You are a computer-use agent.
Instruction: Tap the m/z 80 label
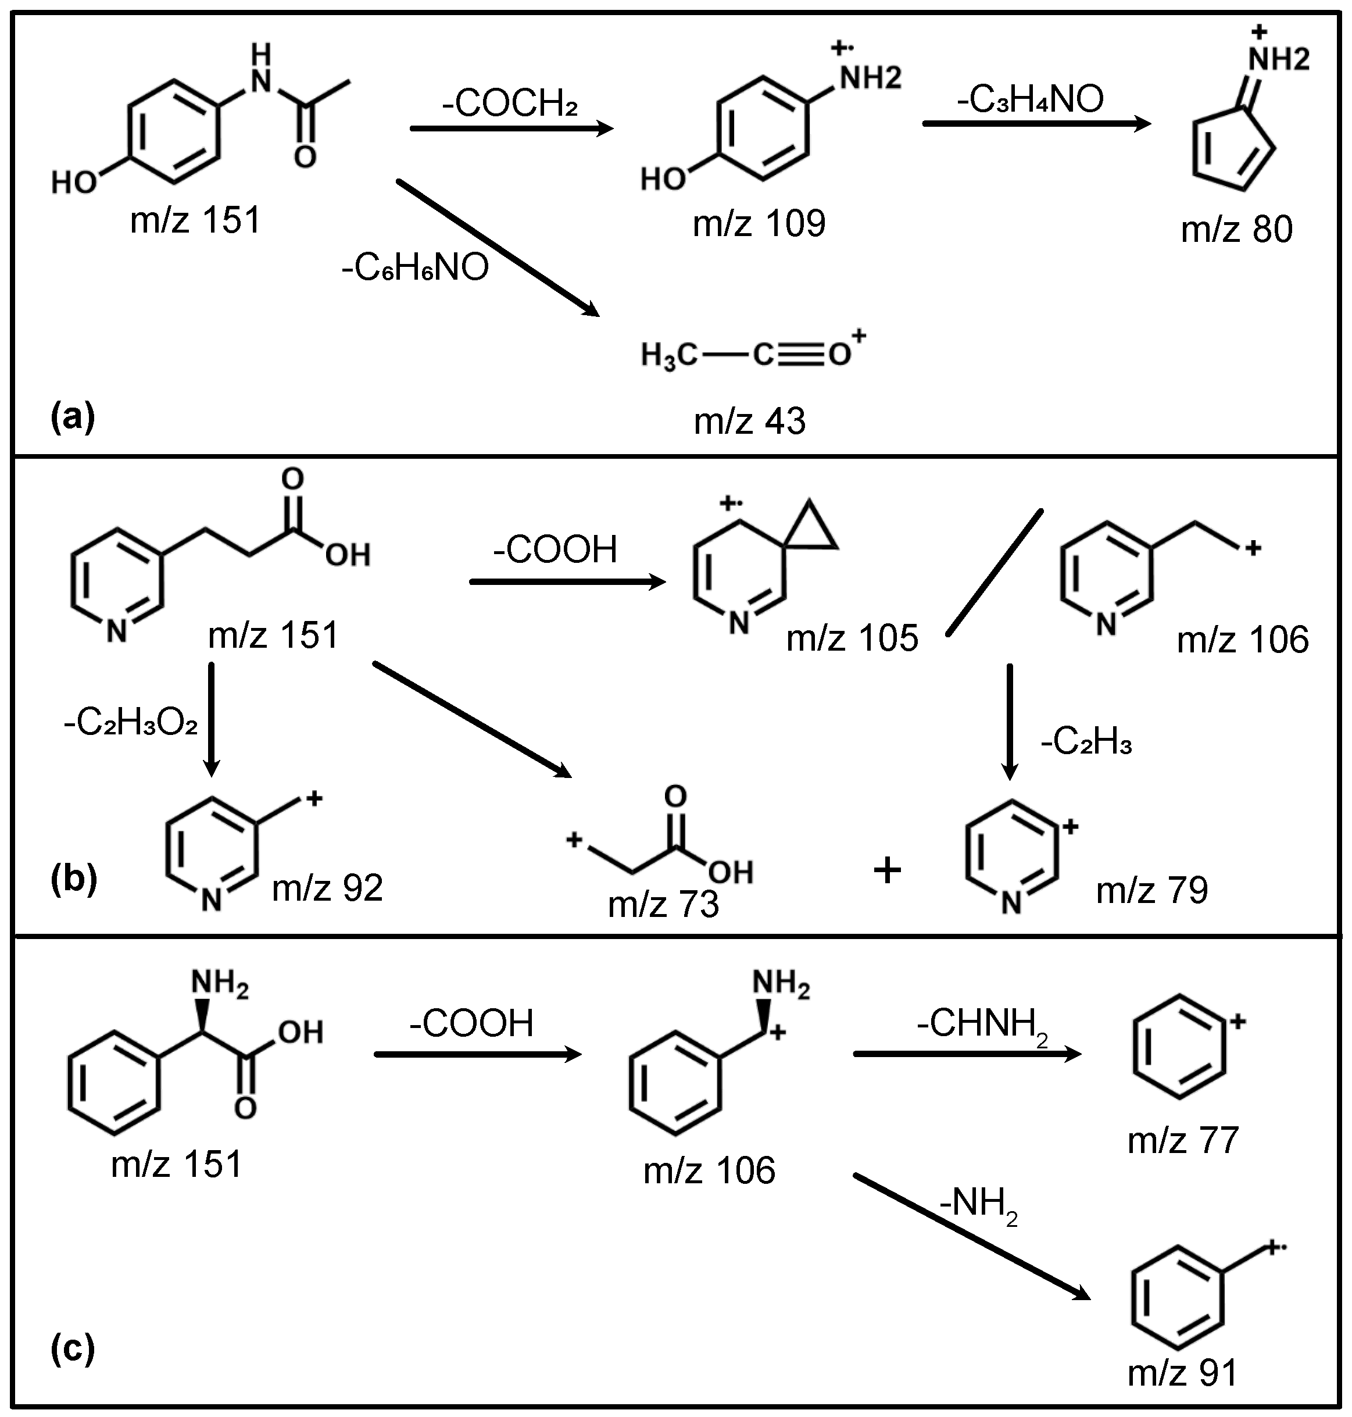(1237, 229)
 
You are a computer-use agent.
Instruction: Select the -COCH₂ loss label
(510, 105)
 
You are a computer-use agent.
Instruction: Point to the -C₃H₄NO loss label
(1031, 99)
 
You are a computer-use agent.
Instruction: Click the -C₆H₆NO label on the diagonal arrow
(416, 268)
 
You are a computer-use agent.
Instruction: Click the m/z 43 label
(749, 421)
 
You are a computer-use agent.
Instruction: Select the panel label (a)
(72, 417)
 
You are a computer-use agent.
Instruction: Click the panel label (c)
(72, 1348)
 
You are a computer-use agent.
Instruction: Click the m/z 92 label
(327, 888)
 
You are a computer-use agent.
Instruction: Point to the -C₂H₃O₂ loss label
(130, 722)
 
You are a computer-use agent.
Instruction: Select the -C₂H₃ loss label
(1086, 742)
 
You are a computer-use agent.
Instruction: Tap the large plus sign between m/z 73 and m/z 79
(887, 870)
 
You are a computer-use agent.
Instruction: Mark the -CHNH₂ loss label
(982, 1024)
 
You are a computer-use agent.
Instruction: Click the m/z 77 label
(1183, 1140)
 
